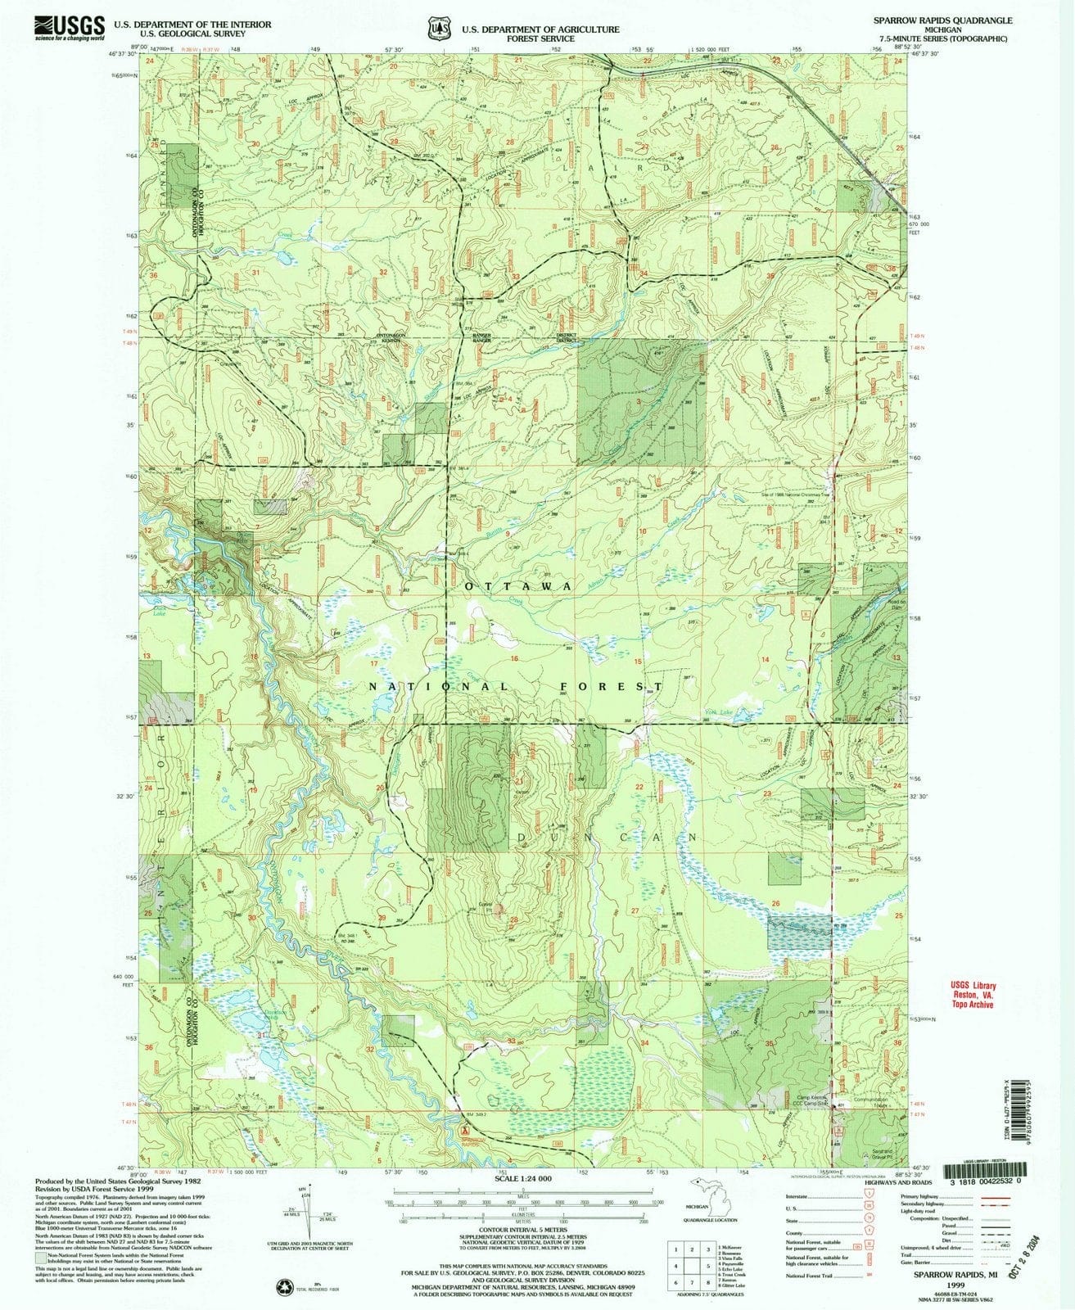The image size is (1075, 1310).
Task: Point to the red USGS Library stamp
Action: [973, 996]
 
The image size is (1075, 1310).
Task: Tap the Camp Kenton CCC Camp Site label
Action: [810, 1102]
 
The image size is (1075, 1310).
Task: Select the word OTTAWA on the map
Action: [517, 588]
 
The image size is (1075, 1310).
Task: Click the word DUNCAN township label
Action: [607, 838]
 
